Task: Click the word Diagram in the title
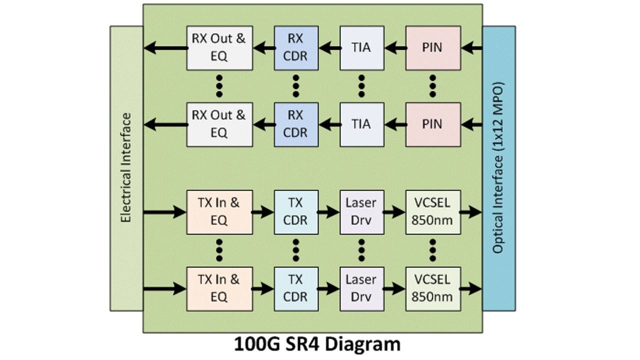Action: coord(361,344)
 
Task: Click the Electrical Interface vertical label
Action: coord(125,167)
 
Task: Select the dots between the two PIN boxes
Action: coord(432,85)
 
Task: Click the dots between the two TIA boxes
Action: coord(361,85)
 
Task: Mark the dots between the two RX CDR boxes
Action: coord(295,85)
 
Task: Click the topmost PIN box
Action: coord(432,48)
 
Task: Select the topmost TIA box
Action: coord(361,48)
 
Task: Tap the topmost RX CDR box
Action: coord(295,48)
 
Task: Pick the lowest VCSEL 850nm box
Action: coord(432,288)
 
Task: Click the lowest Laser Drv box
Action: coord(361,288)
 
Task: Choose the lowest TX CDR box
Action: coord(295,288)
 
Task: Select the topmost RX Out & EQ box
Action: coord(219,48)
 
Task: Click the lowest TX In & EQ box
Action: coord(219,288)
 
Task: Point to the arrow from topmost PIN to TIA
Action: coord(395,48)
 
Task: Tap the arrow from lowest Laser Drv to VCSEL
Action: coord(395,288)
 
